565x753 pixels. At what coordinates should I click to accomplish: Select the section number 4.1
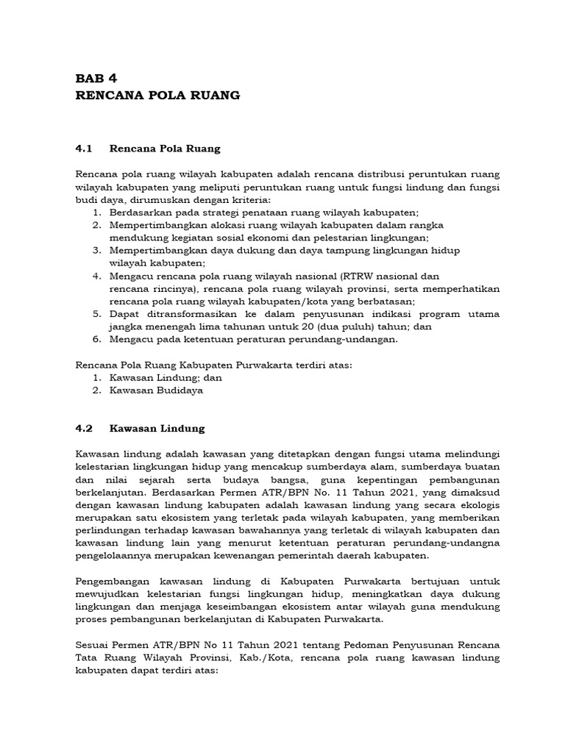[87, 149]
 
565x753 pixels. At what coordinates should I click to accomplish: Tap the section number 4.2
[87, 427]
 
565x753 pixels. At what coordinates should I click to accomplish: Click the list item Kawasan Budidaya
[156, 390]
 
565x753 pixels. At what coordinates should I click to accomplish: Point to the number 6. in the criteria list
[96, 339]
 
